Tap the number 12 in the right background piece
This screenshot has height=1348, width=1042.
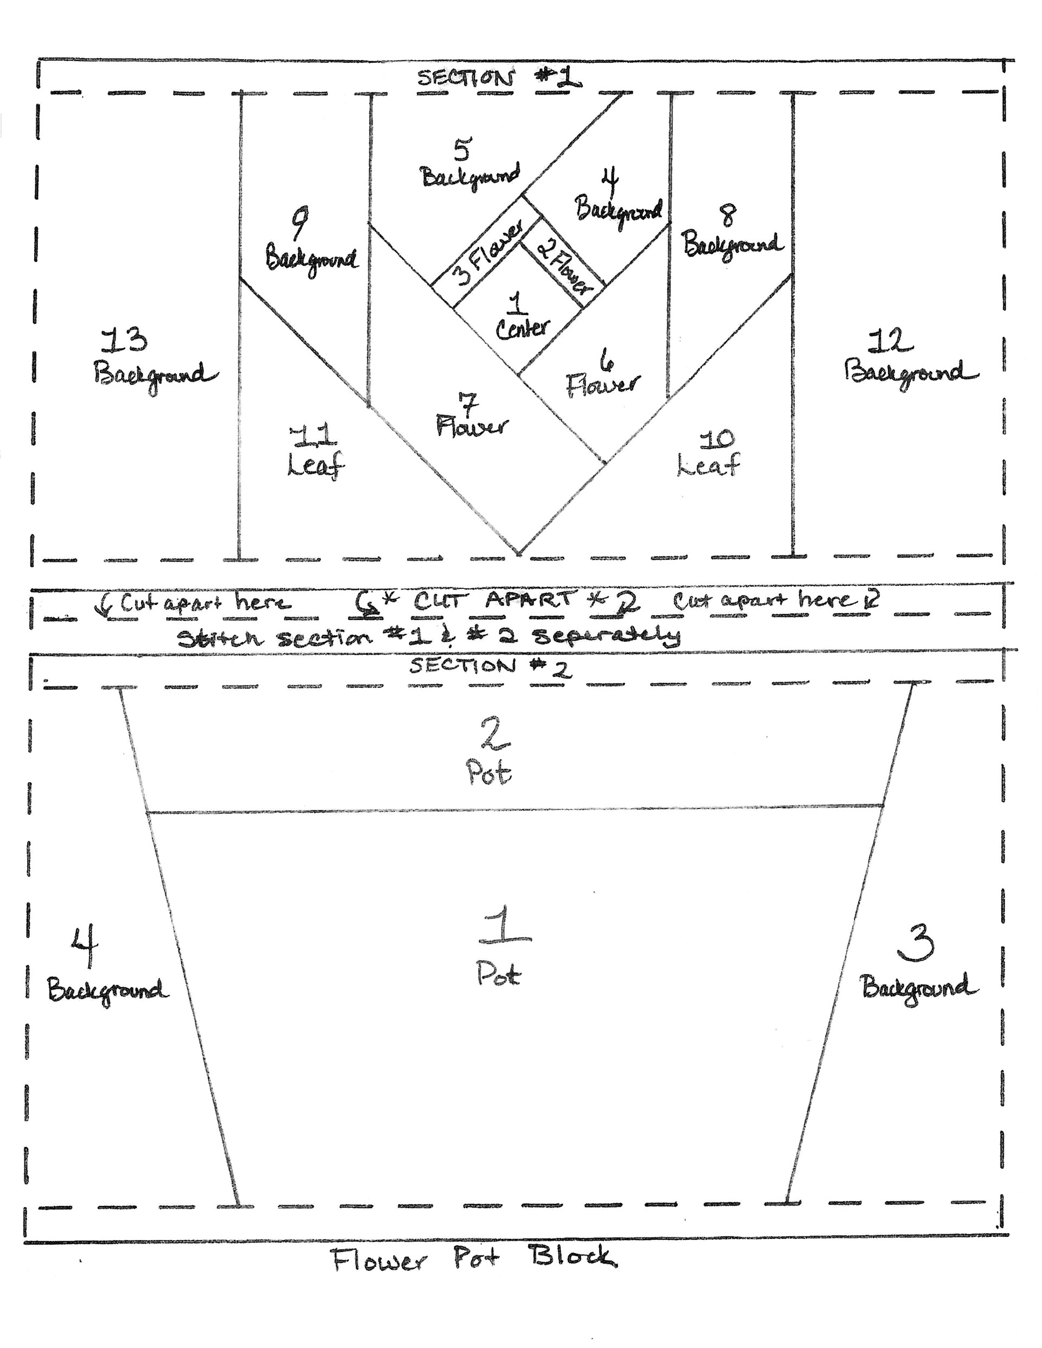coord(891,341)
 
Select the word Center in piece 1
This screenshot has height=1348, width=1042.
coord(522,328)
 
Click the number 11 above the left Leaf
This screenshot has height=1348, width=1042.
coord(314,435)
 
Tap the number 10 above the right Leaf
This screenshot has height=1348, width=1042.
coord(716,439)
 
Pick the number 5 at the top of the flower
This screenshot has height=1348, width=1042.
coord(462,149)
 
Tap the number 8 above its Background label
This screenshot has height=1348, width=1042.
coord(729,215)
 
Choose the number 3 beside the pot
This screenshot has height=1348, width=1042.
coord(916,942)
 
